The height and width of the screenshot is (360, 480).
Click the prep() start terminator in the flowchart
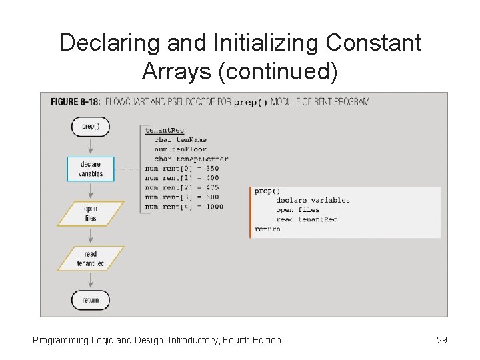click(90, 127)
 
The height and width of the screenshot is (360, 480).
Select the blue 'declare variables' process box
click(90, 169)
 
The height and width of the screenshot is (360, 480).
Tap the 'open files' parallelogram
click(90, 213)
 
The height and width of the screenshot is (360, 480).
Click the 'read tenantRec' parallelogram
click(90, 259)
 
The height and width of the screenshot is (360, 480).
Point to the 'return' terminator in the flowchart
click(90, 300)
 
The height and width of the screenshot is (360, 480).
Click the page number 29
click(441, 340)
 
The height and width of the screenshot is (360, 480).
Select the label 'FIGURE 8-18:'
click(75, 103)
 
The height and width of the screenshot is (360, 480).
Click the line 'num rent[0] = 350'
click(181, 169)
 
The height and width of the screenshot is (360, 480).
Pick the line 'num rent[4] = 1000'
click(183, 206)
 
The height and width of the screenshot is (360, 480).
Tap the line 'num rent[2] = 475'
click(181, 187)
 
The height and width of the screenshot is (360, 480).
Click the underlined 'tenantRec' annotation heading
click(164, 130)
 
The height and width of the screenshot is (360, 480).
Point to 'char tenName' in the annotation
click(180, 139)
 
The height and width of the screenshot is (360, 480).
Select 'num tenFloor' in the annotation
click(180, 149)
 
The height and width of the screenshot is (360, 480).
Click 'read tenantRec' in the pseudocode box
click(306, 219)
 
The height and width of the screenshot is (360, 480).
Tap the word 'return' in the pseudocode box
click(267, 229)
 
